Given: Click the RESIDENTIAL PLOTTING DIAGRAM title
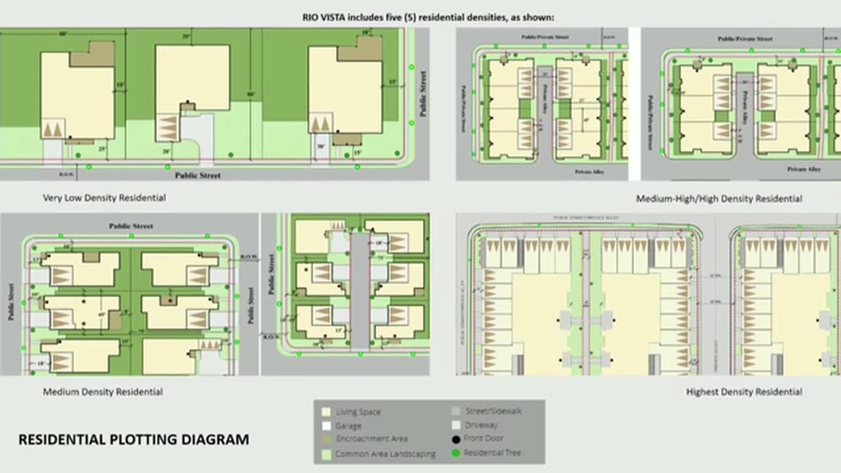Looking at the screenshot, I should click(x=133, y=439).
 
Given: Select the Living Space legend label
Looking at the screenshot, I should click(x=358, y=412).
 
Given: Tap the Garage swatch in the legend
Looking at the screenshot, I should click(x=326, y=426).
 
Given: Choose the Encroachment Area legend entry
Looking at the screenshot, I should click(x=372, y=439).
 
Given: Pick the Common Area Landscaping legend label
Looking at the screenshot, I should click(x=385, y=454).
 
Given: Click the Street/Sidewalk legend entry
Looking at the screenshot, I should click(x=493, y=411).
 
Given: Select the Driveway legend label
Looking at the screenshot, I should click(x=481, y=425).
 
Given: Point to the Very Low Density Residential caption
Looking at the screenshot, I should click(x=104, y=198).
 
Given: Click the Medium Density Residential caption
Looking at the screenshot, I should click(x=103, y=392).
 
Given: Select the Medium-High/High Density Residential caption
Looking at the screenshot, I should click(x=719, y=198).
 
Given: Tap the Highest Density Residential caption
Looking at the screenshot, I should click(x=744, y=392).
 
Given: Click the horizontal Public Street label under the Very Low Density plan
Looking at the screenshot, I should click(x=198, y=175).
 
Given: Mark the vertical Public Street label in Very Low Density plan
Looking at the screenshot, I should click(x=423, y=93).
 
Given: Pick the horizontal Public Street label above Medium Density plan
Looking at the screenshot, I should click(x=131, y=226).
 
